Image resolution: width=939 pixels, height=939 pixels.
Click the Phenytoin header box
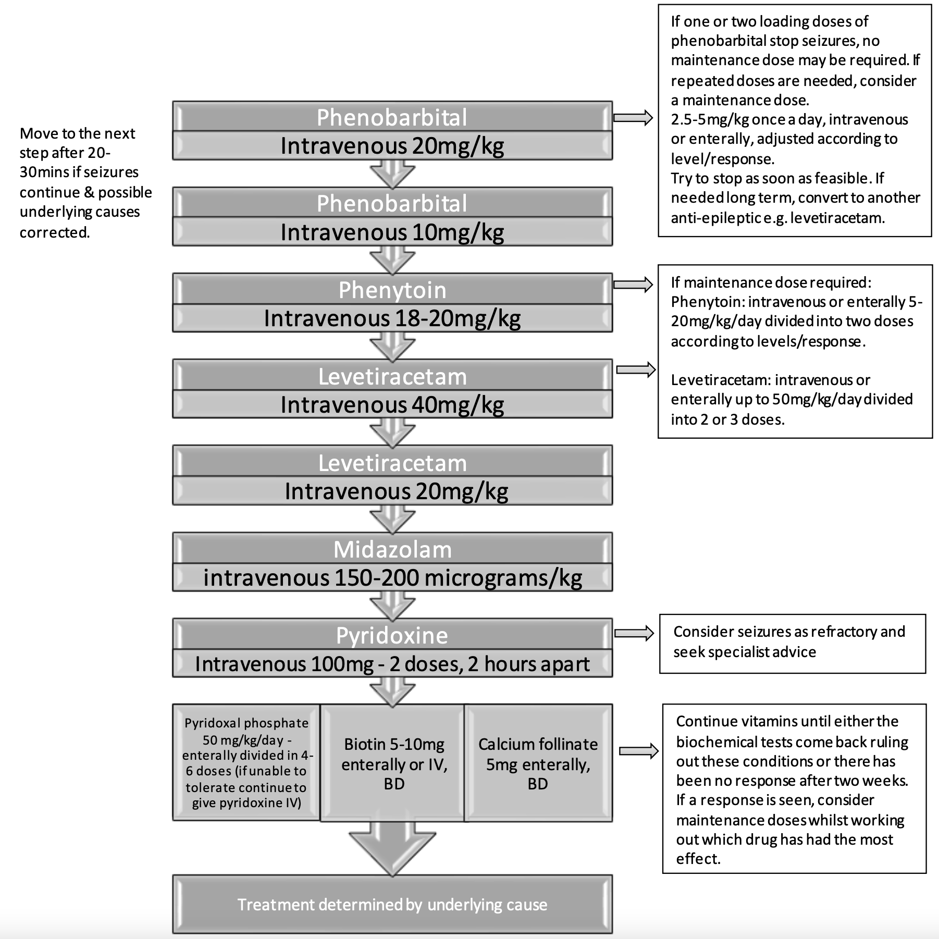392,290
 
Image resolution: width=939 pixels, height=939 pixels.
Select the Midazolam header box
392,549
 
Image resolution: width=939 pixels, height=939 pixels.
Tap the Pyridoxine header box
392,635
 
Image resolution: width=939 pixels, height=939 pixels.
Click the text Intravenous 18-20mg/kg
392,318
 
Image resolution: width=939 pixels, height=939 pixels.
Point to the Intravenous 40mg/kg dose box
392,405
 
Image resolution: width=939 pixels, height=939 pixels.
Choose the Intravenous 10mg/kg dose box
392,232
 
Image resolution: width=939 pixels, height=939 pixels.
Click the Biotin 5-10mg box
393,763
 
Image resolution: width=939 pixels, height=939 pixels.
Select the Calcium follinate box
538,763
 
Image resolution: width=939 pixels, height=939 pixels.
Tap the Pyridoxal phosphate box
246,762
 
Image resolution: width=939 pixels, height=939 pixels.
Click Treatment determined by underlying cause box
392,905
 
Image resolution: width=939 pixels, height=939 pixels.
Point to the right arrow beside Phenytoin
633,285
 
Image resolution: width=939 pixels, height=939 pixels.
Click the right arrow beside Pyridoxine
634,633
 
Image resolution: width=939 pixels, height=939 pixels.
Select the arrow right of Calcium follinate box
638,751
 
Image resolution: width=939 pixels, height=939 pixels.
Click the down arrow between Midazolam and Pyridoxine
392,606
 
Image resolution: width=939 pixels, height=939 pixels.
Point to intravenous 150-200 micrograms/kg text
392,578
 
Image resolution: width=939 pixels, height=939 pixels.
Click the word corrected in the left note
55,232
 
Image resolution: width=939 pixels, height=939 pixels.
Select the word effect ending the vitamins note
698,858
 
